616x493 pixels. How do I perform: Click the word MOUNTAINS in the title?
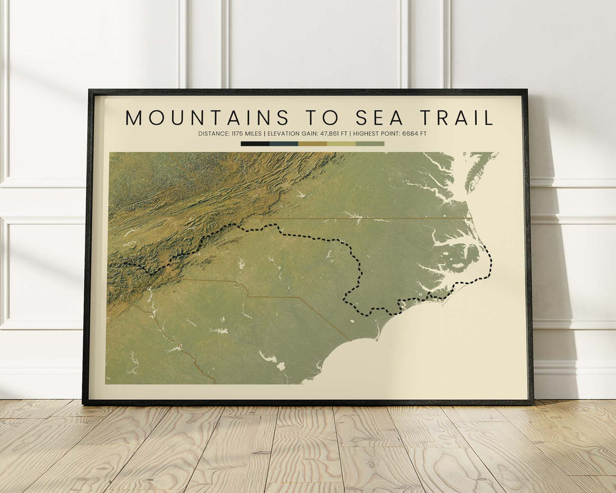point(207,118)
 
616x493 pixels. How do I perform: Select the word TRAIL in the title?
point(457,118)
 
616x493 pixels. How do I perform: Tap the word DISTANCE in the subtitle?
point(213,134)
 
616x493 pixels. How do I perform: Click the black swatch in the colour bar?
point(255,143)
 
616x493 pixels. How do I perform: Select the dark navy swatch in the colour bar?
point(284,143)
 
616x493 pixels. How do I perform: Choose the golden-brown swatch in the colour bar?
point(313,143)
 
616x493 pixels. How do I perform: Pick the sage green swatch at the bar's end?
point(370,143)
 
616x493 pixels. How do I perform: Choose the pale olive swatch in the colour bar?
point(342,143)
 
